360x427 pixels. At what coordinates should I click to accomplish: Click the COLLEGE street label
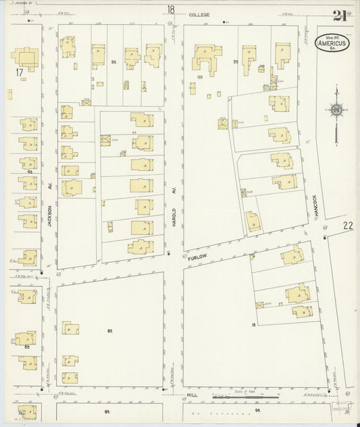point(199,14)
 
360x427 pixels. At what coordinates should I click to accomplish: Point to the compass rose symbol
point(336,110)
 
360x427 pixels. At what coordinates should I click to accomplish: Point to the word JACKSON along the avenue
point(50,219)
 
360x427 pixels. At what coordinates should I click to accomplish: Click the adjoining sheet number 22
point(348,225)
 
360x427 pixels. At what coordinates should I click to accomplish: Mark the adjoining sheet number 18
point(171,9)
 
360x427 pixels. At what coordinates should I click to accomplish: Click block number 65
point(109,330)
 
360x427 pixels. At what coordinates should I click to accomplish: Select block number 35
point(114,61)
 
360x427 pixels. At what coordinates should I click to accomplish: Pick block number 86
point(106,411)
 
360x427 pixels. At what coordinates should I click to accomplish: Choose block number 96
point(257,411)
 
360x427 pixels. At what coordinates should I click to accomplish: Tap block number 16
point(254,325)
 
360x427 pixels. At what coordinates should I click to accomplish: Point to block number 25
point(236,61)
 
